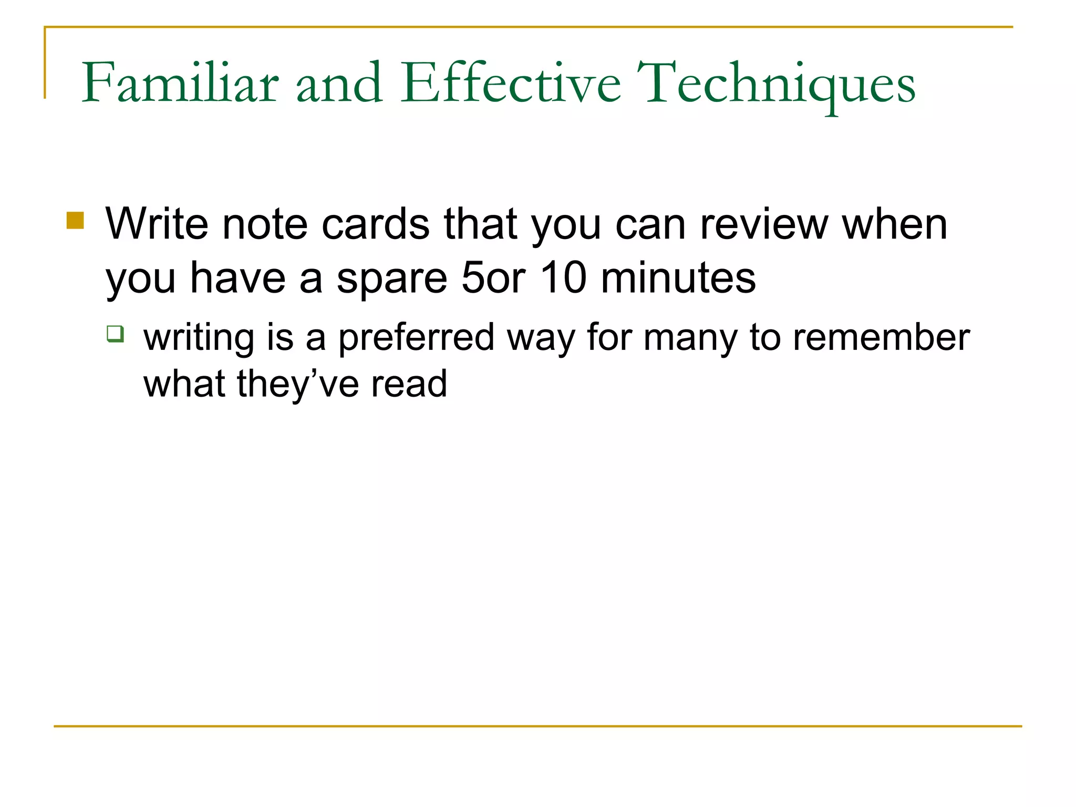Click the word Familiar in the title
180,84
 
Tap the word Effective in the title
510,84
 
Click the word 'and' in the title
339,84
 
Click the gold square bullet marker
75,220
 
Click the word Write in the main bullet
157,224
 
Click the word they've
298,385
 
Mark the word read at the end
409,385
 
